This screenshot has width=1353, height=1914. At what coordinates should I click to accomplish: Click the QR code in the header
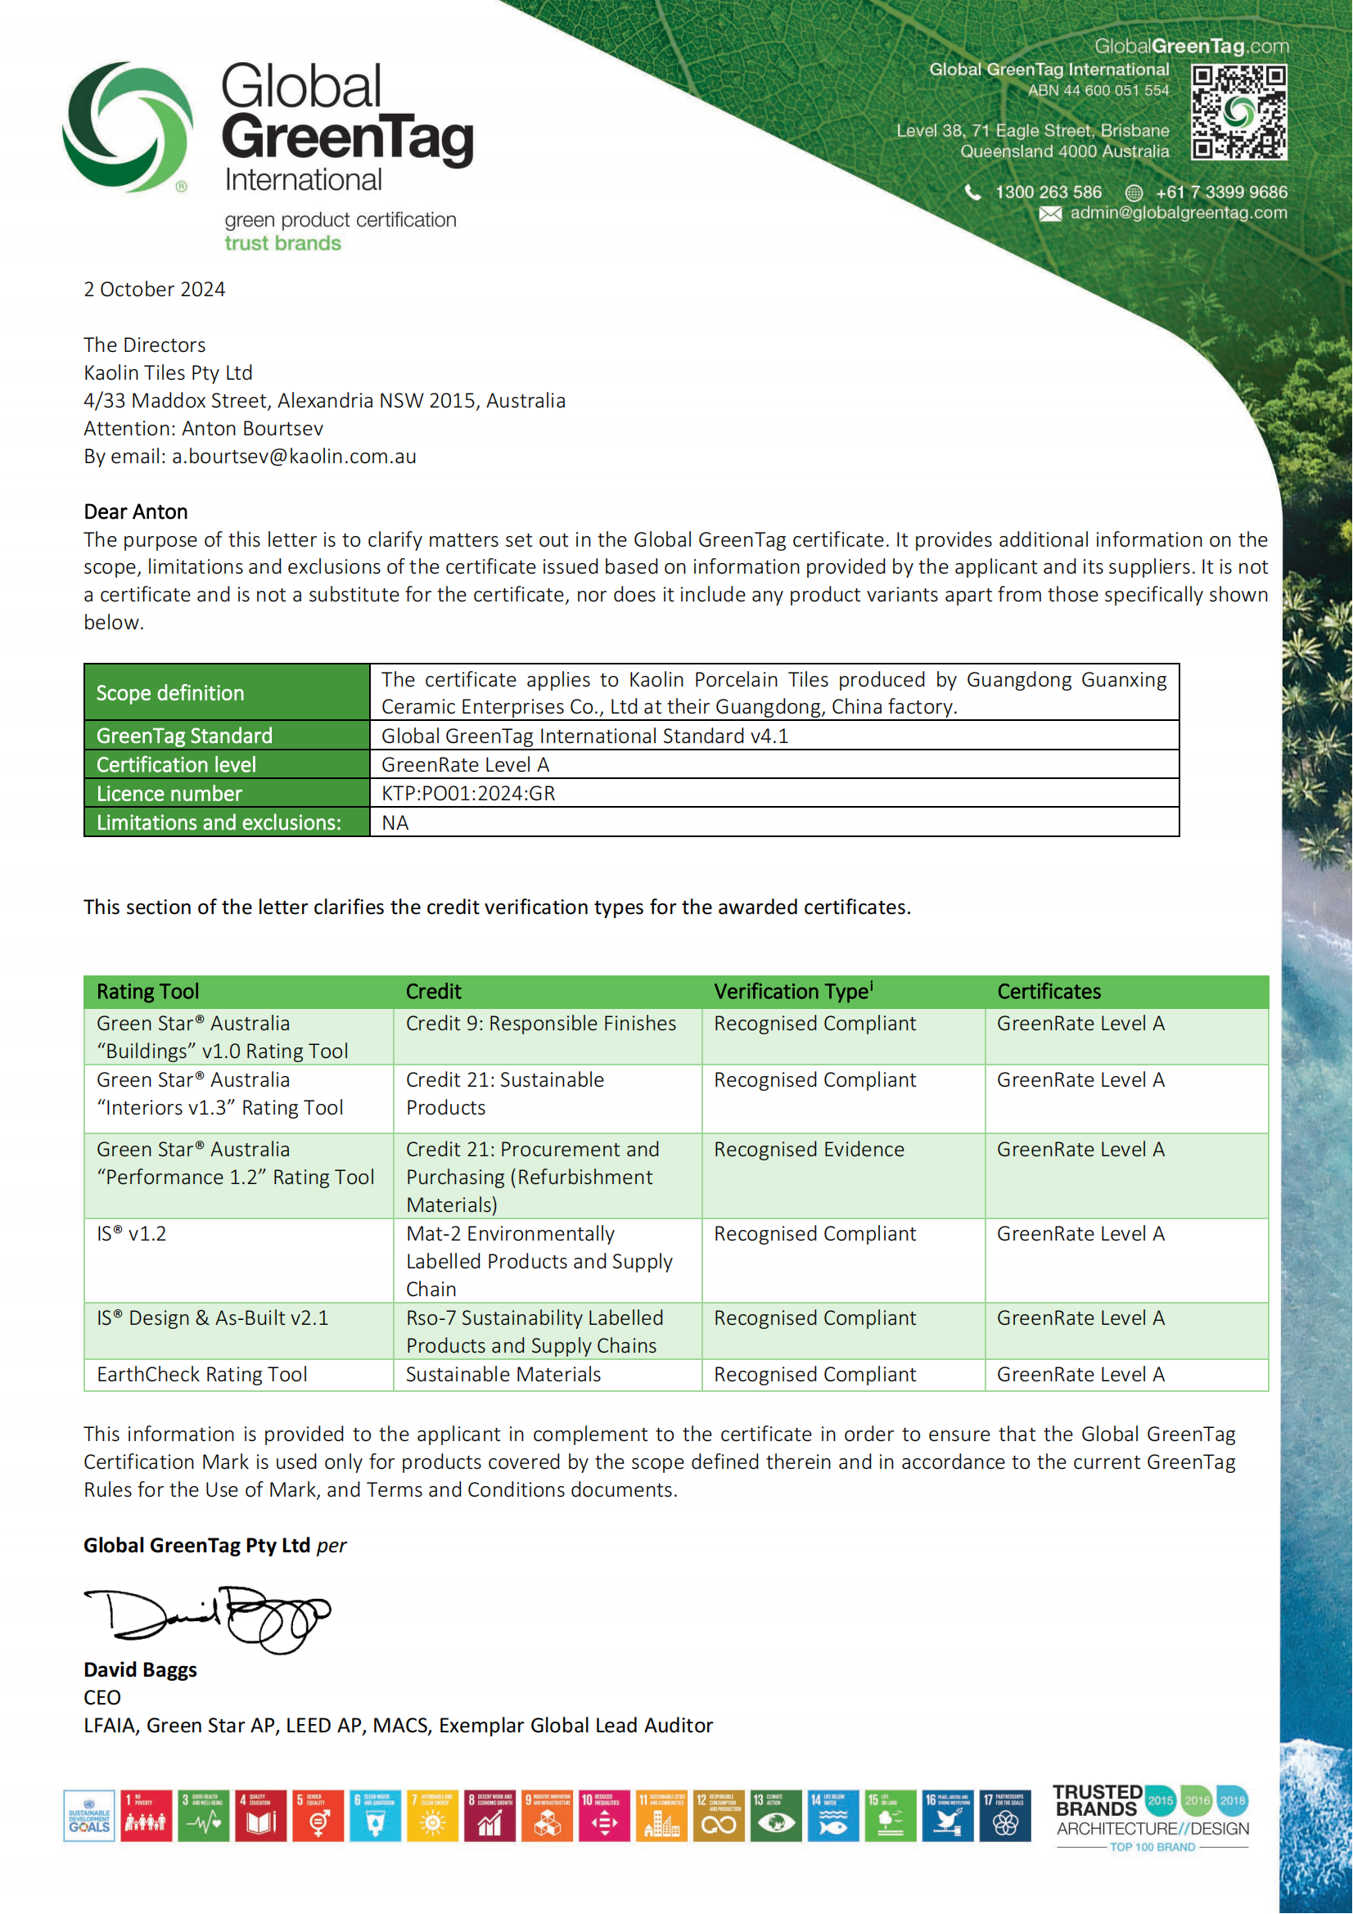coord(1238,113)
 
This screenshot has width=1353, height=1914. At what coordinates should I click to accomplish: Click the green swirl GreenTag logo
coord(128,127)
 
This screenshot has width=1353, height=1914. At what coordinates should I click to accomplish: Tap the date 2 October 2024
coord(154,289)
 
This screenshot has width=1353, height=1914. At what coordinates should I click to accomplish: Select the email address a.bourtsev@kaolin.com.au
coord(294,457)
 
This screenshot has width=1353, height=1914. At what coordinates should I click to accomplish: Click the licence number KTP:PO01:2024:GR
coord(467,794)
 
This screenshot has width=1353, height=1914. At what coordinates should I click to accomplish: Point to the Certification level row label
coord(176,765)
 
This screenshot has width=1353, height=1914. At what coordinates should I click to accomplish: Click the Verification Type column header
coord(793,991)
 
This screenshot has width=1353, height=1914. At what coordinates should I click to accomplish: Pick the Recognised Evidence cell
coord(809,1150)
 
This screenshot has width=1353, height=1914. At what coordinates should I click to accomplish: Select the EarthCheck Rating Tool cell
coord(201,1375)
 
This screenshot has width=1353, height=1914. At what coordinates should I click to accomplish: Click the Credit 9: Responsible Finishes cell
coord(540,1024)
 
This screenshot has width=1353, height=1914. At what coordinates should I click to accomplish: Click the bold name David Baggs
coord(140,1670)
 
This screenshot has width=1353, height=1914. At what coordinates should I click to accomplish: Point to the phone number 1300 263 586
coord(1048,192)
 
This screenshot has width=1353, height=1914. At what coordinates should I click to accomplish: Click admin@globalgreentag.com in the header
coord(1178,213)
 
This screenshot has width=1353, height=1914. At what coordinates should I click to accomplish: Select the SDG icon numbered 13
coord(775,1816)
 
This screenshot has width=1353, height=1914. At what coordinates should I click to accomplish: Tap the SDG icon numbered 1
coord(146,1816)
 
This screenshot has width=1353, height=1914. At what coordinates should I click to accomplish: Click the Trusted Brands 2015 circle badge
coord(1160,1799)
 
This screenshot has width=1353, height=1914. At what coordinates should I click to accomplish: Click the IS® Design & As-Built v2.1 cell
coord(213,1318)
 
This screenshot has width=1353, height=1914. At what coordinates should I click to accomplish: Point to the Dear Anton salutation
coord(135,511)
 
